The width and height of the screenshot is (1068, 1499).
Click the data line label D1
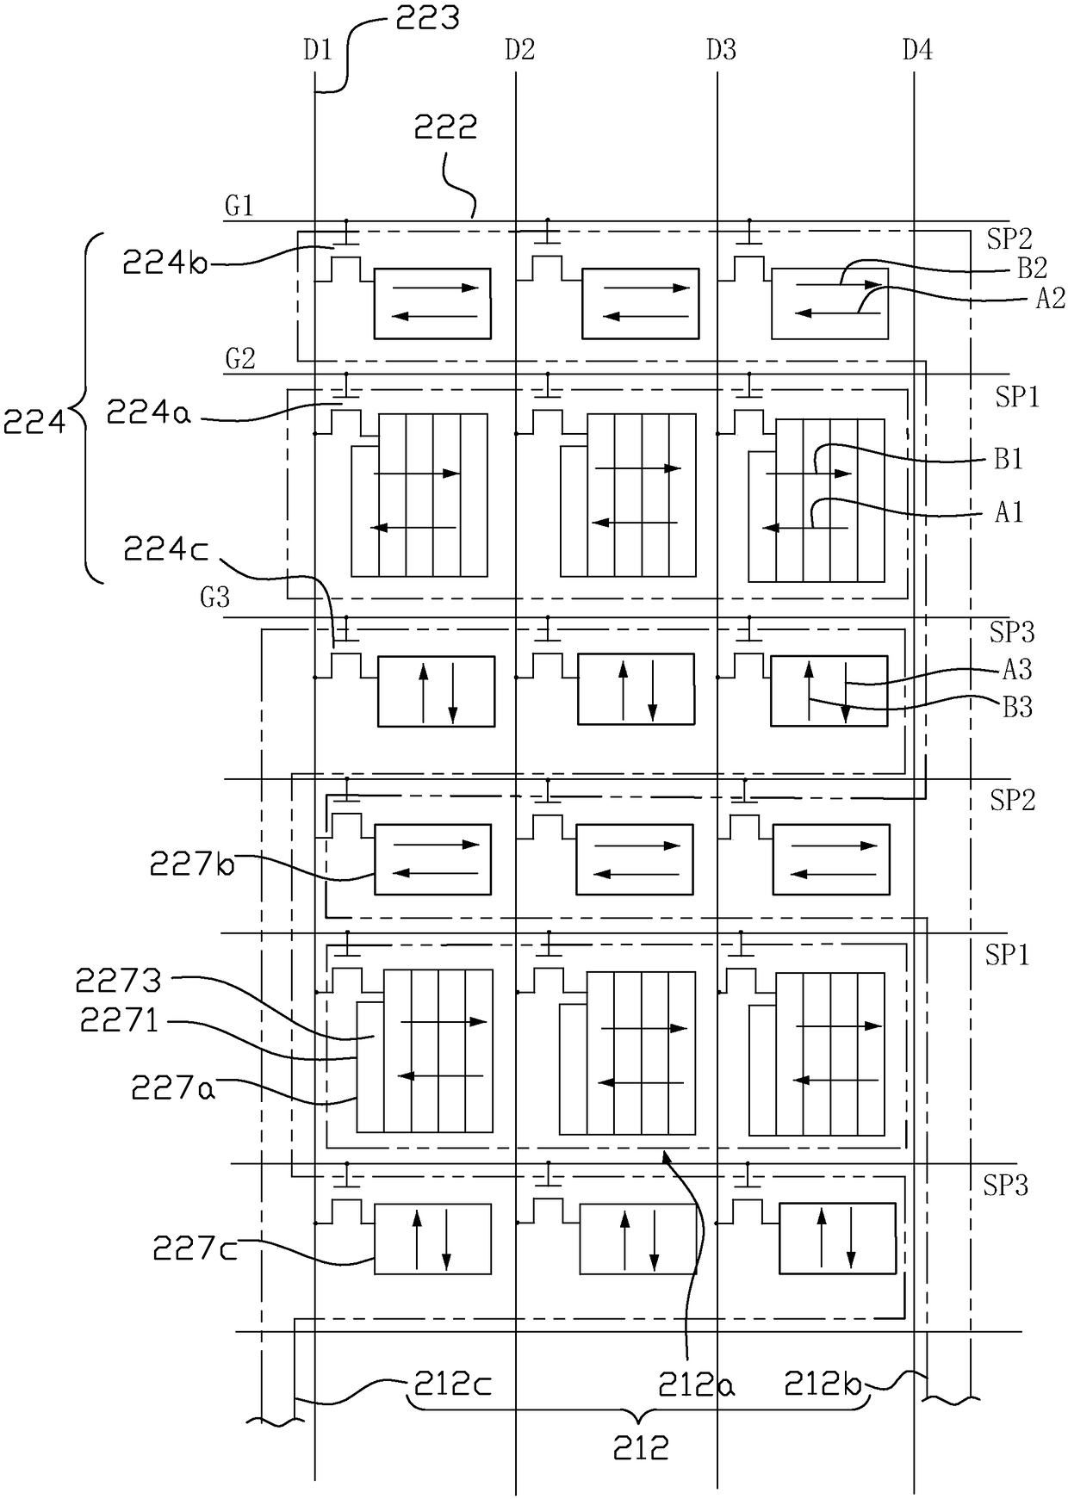(x=317, y=51)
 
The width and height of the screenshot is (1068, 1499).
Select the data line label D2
(x=519, y=51)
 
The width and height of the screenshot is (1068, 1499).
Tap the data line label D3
(x=721, y=51)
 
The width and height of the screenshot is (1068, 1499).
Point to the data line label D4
(x=917, y=51)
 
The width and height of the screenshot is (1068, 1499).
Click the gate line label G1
(x=239, y=208)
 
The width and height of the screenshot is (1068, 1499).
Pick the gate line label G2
(x=240, y=359)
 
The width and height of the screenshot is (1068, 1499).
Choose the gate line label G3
(x=214, y=598)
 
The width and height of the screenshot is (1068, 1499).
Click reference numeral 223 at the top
(x=427, y=18)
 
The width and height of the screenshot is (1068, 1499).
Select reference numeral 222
(x=445, y=128)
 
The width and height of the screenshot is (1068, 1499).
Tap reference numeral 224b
(x=165, y=261)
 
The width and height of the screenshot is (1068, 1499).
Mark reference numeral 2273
(x=119, y=981)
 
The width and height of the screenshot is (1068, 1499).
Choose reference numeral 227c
(x=196, y=1248)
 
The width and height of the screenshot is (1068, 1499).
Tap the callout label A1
(x=1009, y=512)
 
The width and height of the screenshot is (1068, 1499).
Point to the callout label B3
(x=1017, y=708)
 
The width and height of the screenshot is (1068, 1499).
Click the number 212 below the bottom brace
(x=641, y=1449)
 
